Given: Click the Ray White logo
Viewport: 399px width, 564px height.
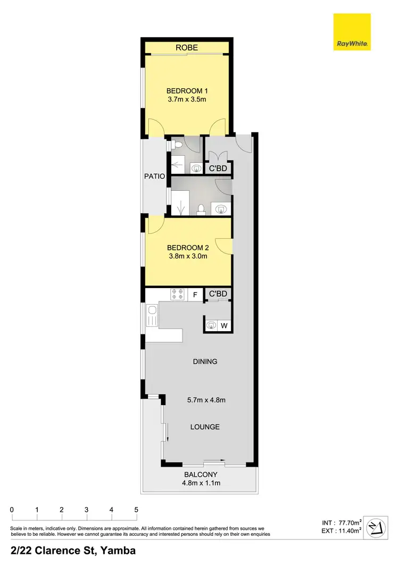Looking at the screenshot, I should coord(352,32).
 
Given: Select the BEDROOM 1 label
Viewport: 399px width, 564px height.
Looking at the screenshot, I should coord(187,90).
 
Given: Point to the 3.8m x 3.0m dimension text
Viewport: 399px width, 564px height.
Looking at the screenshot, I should coord(187,256).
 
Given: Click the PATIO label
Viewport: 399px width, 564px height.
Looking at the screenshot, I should coord(155,176).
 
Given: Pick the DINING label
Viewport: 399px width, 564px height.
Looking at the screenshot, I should coord(206,361).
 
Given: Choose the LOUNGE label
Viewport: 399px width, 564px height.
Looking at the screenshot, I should coord(205,427).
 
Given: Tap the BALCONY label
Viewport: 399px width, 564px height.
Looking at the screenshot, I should coord(201,475).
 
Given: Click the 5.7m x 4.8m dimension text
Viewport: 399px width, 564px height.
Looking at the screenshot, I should coord(206,400).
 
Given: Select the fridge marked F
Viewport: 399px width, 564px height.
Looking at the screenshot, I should coord(195,294).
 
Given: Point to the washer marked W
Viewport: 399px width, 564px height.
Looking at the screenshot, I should coord(224,325).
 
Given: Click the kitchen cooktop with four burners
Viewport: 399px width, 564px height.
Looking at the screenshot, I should coord(177,294).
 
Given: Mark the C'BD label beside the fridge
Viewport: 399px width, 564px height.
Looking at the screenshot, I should coord(218,294).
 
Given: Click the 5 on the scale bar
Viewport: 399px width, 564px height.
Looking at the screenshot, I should coord(136,510).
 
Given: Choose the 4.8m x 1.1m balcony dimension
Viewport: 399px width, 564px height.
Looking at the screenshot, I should coord(201,483).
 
